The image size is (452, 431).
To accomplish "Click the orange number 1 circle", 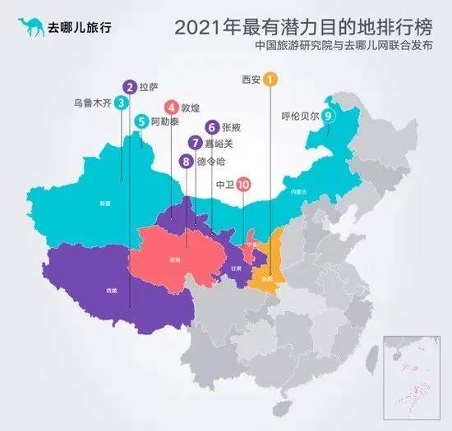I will [271, 80].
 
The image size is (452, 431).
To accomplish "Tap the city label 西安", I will [250, 80].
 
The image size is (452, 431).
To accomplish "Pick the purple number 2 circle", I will [129, 85].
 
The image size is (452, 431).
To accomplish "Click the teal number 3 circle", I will [121, 103].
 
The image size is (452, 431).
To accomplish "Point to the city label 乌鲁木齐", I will [92, 103].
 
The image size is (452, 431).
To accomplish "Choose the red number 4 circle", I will [171, 107].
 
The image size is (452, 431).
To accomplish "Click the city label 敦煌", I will [191, 108].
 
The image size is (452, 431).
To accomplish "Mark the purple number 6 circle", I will [213, 127].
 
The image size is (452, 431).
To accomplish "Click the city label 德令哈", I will [210, 162].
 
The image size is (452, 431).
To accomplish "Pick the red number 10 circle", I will [243, 186].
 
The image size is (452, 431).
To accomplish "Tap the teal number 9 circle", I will [328, 116].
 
